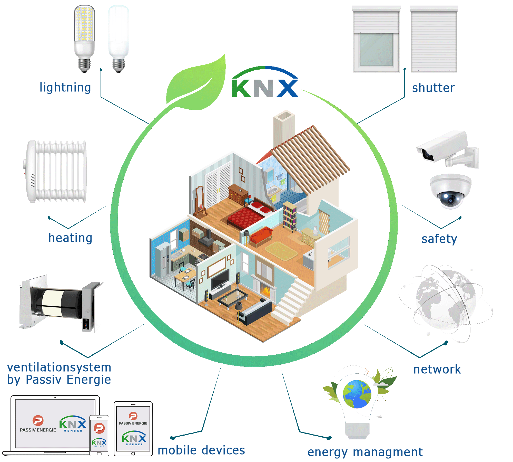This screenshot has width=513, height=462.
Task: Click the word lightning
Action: [65, 88]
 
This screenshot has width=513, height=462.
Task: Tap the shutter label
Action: [433, 88]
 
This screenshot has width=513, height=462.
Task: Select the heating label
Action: [70, 238]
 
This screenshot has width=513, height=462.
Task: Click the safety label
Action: [439, 239]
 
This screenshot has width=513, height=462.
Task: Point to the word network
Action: [437, 369]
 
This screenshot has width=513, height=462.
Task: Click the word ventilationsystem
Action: [59, 367]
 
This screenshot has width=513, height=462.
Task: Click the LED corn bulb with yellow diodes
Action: [84, 39]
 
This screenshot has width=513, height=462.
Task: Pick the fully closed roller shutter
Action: [434, 40]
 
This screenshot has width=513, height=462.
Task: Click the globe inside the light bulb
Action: [357, 394]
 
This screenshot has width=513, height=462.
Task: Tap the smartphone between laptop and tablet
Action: [99, 435]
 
